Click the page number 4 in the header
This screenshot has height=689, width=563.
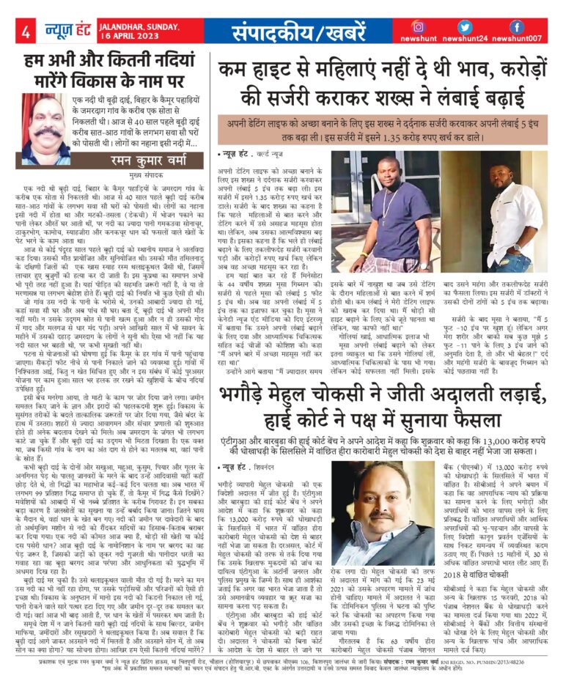[25, 32]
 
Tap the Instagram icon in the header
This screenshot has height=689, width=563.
[419, 26]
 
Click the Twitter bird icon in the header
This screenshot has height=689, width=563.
[468, 26]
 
